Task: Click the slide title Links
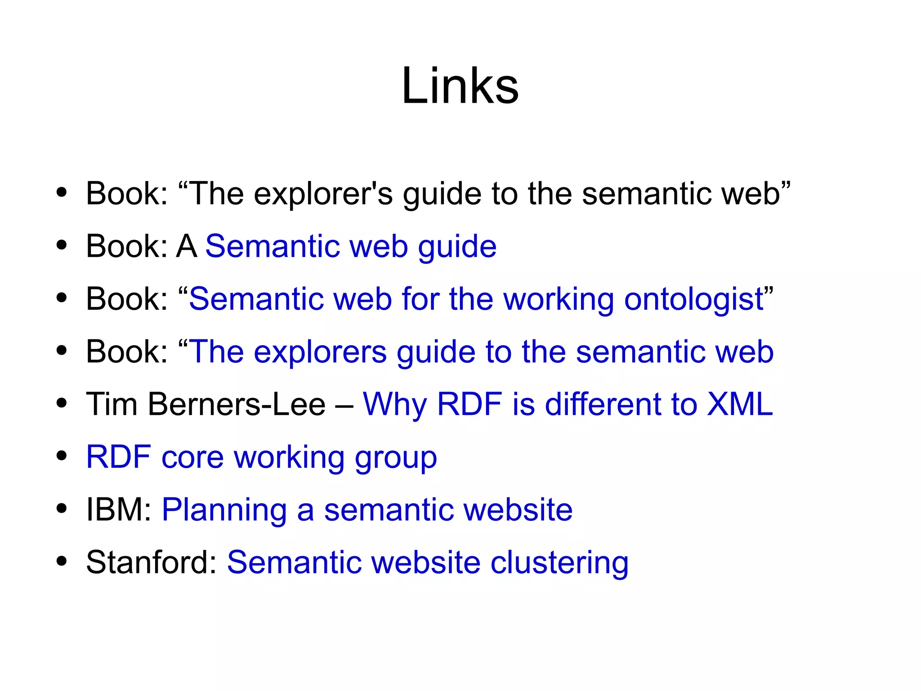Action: coord(460,86)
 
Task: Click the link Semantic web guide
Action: coord(351,247)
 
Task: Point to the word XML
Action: coord(740,404)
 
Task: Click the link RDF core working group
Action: coord(261,457)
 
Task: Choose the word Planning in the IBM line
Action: coord(224,510)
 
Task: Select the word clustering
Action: coord(559,563)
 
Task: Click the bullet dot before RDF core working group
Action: coord(62,456)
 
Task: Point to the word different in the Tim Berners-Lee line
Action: coord(603,404)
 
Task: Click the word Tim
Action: coord(112,404)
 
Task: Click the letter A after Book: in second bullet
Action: coord(187,247)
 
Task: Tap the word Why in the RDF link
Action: coord(394,405)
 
